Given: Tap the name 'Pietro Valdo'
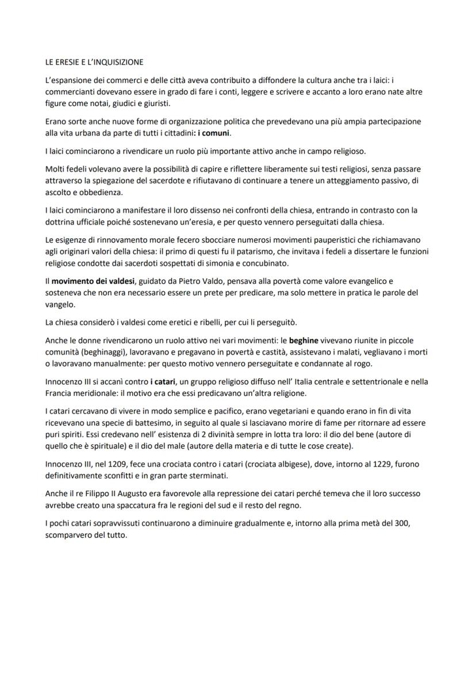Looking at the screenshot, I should (x=192, y=281).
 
